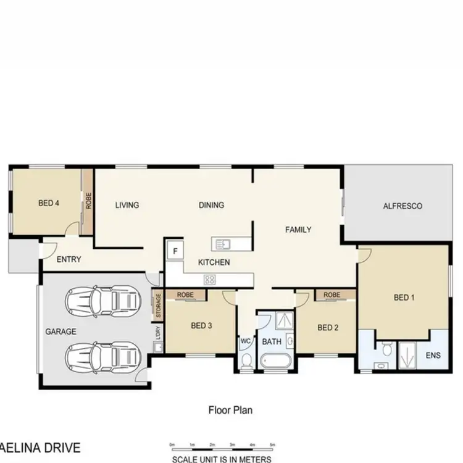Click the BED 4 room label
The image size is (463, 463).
48,203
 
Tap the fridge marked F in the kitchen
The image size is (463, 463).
175,251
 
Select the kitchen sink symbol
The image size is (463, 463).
221,244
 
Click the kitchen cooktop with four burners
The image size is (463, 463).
210,280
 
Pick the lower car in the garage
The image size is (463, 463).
103,356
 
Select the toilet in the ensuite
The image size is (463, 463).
387,350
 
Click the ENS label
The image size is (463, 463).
434,356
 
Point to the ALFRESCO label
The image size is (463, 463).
403,206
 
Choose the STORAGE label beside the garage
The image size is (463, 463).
158,306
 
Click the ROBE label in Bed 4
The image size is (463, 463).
89,201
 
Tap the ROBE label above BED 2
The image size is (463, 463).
332,295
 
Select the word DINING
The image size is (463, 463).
211,205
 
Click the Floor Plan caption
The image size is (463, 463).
230,409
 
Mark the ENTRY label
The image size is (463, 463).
69,259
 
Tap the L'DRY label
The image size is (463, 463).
158,333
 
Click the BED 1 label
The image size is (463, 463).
404,298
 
